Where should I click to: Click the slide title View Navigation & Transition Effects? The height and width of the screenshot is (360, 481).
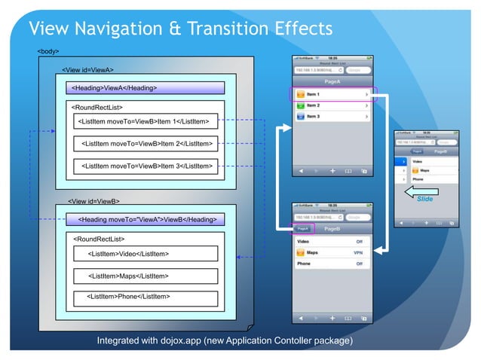click(179, 29)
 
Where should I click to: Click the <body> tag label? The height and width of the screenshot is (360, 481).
click(48, 50)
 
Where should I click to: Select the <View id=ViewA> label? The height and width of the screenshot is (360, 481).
click(87, 70)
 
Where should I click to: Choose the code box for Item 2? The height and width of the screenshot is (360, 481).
click(146, 142)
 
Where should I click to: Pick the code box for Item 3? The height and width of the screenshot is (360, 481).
click(146, 165)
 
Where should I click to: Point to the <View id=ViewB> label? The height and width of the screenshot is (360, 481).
click(93, 201)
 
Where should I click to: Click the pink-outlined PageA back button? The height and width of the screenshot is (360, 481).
click(302, 228)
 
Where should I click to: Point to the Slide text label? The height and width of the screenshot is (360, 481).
click(424, 199)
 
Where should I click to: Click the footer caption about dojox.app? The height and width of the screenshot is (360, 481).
click(224, 341)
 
